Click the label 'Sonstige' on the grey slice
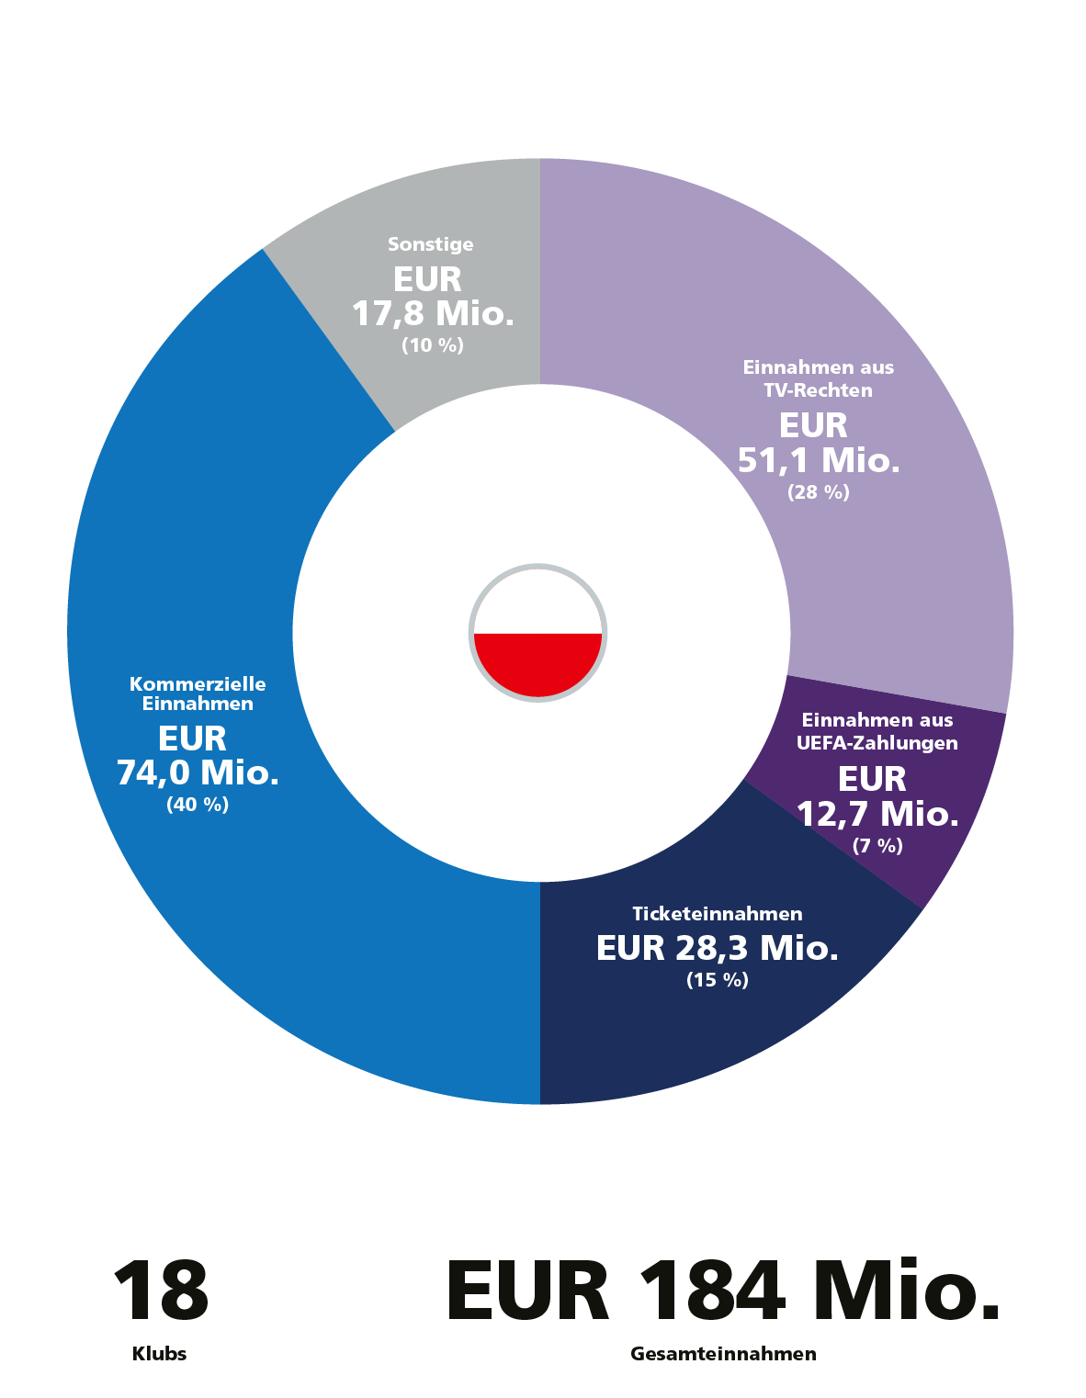430,244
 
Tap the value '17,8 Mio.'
433,314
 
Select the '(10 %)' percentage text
433,345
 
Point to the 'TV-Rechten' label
818,390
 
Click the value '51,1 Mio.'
819,460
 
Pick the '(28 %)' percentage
819,492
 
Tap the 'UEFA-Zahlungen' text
877,743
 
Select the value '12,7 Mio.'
877,814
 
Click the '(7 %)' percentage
877,846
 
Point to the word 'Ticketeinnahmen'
718,914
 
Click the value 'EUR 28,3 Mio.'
718,948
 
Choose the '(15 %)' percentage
718,980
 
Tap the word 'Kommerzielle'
198,684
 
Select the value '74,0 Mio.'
198,772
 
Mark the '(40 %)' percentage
198,805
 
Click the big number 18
161,1291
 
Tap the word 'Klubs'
160,1354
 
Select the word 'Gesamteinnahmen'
723,1354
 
